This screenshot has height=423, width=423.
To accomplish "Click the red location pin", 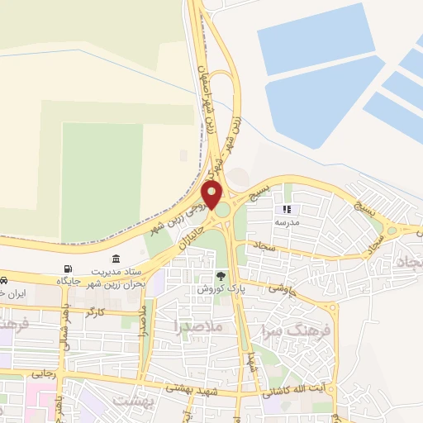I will pos(211,195).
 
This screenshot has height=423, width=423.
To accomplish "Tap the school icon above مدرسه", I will pos(288,210).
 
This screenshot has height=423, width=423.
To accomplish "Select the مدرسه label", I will pos(288,223).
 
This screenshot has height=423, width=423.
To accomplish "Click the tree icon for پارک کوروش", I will pos(220,276).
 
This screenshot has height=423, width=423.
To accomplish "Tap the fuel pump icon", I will pos(67,269).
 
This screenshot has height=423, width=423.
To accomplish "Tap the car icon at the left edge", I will pos(4,280).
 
